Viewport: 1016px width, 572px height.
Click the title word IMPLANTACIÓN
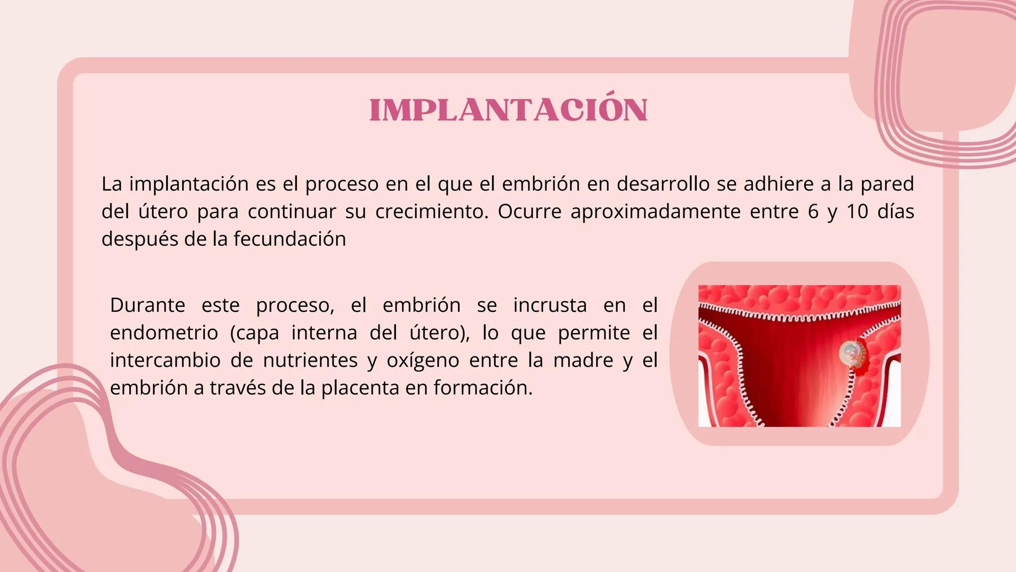coord(508,110)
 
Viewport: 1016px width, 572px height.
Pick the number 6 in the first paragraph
coord(813,211)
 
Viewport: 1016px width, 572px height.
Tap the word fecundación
coord(290,239)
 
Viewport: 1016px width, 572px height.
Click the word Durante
coord(148,305)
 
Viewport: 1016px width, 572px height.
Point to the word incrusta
coord(550,305)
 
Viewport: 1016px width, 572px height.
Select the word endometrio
coord(164,333)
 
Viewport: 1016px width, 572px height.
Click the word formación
coord(483,388)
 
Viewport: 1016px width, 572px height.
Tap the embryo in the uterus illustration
coord(850,353)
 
